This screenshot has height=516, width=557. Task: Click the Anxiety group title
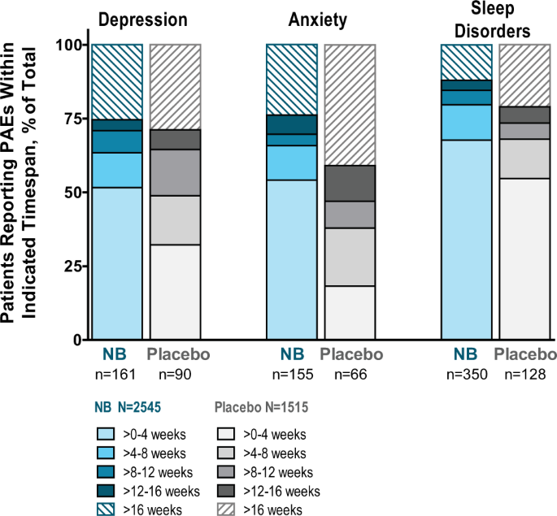coord(320,19)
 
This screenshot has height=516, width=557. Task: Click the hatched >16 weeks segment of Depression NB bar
coord(117,81)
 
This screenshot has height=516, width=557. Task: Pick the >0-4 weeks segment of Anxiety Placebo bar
coord(350,313)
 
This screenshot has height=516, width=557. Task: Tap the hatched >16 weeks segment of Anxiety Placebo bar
coord(350,105)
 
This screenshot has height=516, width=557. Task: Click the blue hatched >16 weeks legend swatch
coord(111,509)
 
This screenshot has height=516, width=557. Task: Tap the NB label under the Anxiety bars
coord(292,354)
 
